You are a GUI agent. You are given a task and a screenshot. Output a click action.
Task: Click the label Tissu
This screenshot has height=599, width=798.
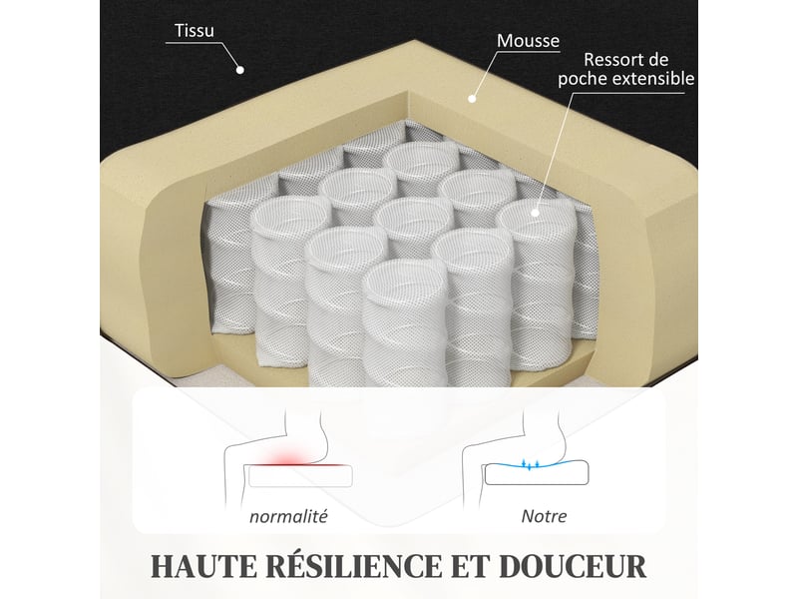pos(195,31)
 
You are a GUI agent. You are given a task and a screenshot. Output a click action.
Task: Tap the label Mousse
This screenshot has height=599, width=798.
pos(528,41)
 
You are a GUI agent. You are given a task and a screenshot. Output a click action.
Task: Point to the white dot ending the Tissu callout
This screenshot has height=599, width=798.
pos(240,70)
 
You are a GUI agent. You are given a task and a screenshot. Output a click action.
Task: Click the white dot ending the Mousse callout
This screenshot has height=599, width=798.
pos(472,99)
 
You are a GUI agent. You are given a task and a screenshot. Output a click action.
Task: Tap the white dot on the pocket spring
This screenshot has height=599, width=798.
pos(535,213)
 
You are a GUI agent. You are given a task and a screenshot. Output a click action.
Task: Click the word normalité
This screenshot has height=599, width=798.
pos(288,516)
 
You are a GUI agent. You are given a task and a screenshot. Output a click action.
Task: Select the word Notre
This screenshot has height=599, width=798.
pos(544,516)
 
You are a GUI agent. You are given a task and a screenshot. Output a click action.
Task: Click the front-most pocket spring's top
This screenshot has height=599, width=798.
pos(405,282)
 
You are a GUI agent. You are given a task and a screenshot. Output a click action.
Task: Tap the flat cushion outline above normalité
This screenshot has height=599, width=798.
pos(300,476)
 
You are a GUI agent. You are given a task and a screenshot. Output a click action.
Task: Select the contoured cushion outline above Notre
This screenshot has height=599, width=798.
pos(537,472)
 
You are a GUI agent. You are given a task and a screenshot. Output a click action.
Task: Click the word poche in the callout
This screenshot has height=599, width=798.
pos(583,79)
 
